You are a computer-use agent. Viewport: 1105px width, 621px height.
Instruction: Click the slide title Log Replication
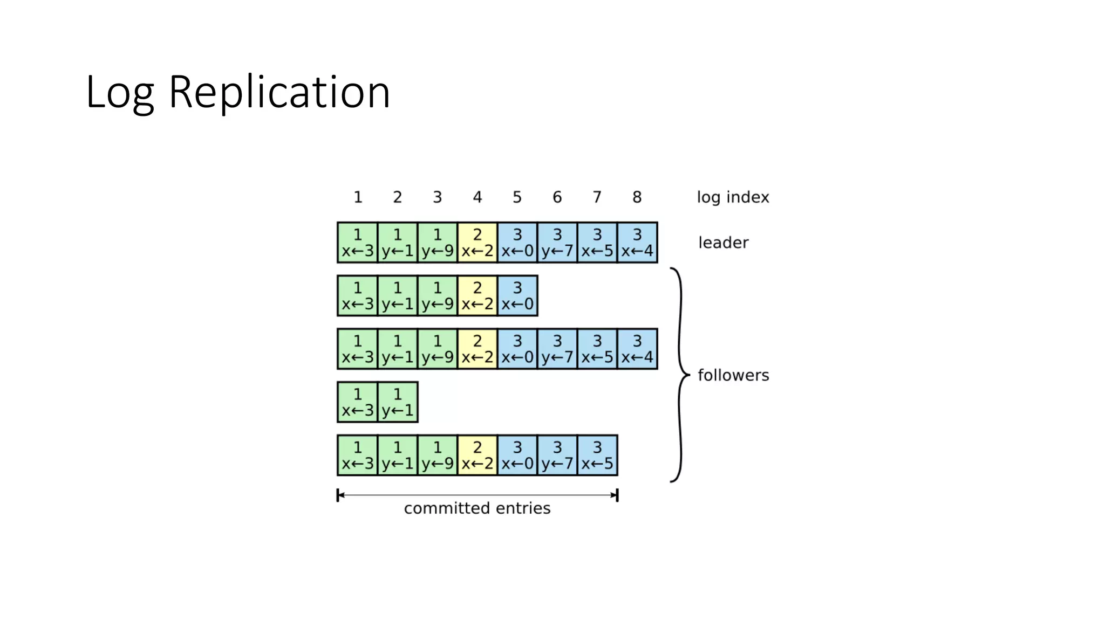237,92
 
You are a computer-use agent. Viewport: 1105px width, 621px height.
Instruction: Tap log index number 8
637,197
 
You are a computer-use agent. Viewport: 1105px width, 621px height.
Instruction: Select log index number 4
477,197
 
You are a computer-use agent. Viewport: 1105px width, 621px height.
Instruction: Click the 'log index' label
733,197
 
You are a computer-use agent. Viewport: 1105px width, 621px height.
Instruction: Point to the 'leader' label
723,243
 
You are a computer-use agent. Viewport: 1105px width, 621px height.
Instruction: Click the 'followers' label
733,375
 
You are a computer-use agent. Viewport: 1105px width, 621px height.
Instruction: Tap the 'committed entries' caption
477,508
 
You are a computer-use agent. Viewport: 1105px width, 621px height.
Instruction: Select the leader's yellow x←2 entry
477,243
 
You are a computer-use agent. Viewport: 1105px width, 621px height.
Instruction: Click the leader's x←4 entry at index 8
637,243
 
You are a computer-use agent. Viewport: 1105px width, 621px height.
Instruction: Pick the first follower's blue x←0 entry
517,296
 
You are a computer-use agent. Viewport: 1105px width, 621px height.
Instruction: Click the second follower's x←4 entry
637,349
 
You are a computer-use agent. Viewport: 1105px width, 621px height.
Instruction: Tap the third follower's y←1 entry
398,402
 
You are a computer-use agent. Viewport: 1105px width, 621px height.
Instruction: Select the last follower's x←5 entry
597,456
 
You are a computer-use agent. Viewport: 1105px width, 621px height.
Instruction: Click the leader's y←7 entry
557,243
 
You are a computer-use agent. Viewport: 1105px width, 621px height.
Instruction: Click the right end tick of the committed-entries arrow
617,495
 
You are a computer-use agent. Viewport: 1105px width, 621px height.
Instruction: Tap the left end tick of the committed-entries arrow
338,495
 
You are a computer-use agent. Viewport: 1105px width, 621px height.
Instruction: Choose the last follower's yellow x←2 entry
477,456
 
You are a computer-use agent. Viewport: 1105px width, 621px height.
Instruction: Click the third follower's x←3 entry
358,402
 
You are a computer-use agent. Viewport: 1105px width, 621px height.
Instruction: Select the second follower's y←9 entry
437,349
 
